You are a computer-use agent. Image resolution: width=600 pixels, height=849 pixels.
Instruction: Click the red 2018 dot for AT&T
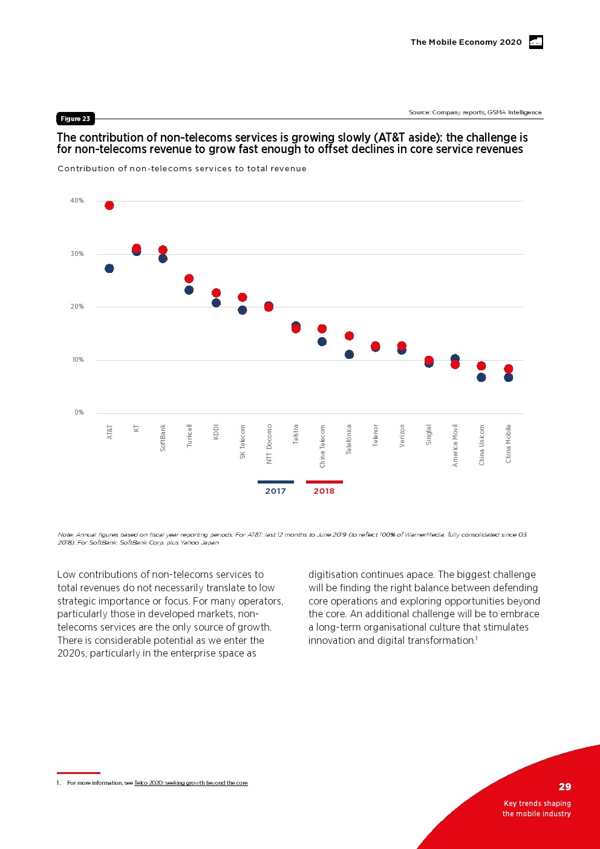(x=109, y=205)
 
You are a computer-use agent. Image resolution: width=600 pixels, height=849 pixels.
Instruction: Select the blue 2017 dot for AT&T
(x=109, y=268)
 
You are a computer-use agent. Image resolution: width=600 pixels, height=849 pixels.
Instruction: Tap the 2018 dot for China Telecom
(x=322, y=329)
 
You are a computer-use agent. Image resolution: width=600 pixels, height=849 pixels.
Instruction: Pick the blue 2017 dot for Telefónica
(x=349, y=354)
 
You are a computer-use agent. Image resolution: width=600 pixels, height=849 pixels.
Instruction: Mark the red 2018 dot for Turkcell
(x=189, y=278)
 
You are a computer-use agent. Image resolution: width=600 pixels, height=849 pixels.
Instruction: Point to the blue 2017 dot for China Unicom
(x=481, y=377)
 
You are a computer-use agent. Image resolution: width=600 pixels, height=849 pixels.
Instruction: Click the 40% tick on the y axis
(x=77, y=201)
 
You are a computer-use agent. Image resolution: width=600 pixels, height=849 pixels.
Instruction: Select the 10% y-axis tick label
(x=78, y=360)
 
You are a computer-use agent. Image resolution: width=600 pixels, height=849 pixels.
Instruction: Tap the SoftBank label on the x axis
(x=163, y=438)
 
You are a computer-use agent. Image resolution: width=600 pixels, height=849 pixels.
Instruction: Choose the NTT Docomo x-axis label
(x=269, y=444)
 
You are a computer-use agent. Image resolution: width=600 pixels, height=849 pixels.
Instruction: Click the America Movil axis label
(x=455, y=445)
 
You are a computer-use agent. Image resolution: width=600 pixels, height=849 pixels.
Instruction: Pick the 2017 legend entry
(x=276, y=488)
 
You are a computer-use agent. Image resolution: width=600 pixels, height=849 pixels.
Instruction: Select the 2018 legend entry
(x=324, y=488)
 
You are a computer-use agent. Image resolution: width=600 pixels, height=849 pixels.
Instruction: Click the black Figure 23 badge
(x=76, y=119)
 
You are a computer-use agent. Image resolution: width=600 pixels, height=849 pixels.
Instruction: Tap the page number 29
(x=565, y=787)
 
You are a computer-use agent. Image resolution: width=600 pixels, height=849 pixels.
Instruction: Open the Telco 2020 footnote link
(x=191, y=783)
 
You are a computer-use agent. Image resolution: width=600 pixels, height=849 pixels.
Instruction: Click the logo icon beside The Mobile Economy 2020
(x=536, y=42)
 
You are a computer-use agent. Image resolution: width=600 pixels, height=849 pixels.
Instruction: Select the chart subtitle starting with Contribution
(x=181, y=169)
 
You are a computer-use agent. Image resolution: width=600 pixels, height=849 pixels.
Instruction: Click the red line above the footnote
(x=79, y=773)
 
